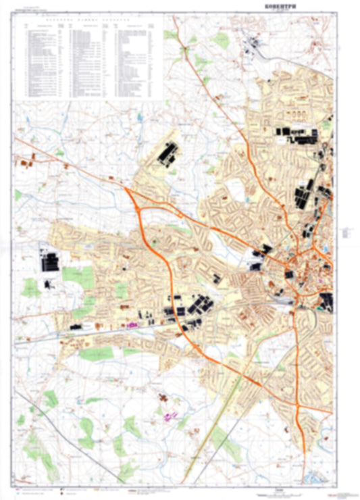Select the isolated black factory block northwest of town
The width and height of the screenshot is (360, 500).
click(166, 154)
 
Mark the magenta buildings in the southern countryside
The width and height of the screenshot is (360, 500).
click(169, 413)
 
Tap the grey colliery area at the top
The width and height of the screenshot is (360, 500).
click(257, 45)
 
